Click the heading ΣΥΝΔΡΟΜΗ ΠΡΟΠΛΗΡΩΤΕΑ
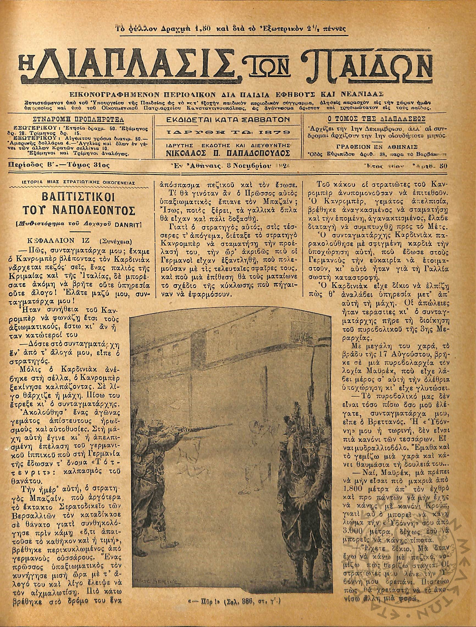(x=78, y=119)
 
